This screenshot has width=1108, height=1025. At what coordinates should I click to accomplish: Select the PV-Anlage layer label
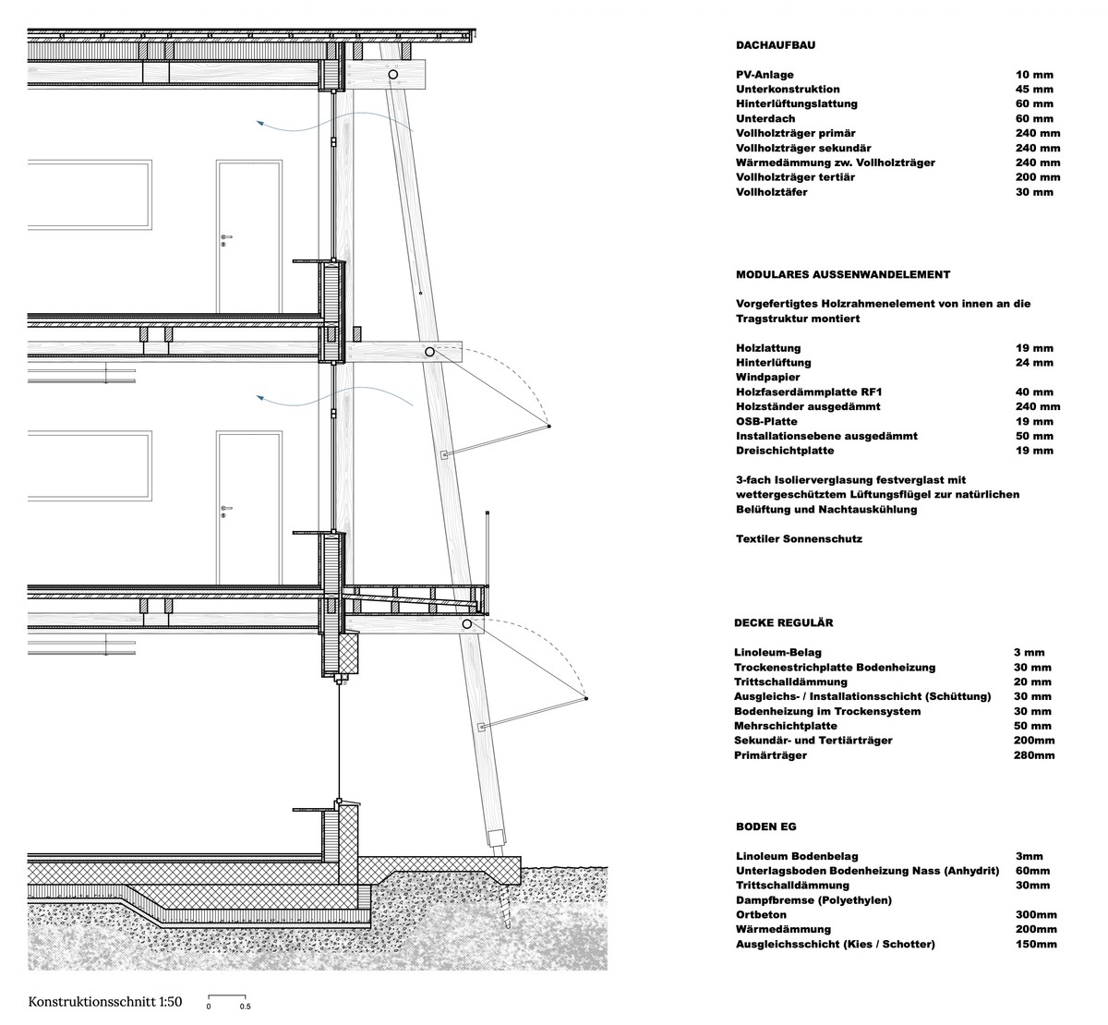765,75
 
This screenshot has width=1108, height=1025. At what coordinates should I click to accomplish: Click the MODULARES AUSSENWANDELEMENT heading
843,274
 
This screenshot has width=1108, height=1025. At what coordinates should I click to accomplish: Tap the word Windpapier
768,377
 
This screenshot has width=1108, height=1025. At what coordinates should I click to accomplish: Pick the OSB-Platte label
766,421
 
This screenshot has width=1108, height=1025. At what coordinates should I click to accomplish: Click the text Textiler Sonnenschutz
799,538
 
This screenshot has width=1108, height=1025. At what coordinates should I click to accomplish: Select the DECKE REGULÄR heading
784,623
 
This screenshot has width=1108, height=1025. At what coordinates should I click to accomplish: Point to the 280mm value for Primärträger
1033,755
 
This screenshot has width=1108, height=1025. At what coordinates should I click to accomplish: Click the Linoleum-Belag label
777,652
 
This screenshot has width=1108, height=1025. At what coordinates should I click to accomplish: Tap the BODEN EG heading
765,826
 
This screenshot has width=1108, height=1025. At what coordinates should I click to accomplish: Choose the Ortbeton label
763,914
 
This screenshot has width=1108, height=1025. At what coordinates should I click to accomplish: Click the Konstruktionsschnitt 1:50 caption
106,1001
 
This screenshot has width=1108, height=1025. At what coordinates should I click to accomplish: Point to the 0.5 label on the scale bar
246,1007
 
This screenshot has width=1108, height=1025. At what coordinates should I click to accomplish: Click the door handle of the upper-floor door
226,238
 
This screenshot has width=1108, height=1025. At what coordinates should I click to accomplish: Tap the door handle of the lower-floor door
226,509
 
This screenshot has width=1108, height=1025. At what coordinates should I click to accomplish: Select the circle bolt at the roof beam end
392,73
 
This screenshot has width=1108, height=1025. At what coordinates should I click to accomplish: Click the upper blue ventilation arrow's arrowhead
259,121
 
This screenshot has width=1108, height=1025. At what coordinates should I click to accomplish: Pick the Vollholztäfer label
772,192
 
